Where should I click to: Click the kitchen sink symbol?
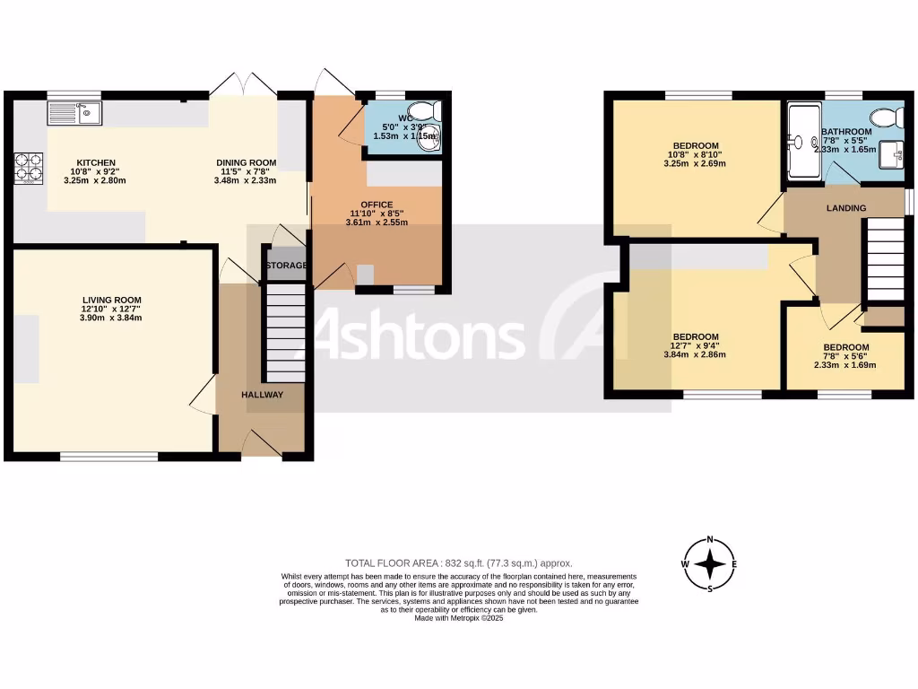point(76,112)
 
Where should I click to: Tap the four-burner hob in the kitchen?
point(29,167)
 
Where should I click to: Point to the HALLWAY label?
point(262,395)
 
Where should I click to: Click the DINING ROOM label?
point(246,163)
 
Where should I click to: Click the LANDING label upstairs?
point(846,208)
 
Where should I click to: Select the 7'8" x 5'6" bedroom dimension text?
point(845,356)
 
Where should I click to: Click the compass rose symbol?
point(711,564)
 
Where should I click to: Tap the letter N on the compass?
point(711,539)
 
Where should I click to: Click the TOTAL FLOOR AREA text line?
point(458,563)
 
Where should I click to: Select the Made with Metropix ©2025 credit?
point(459,618)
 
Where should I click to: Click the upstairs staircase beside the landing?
point(883,261)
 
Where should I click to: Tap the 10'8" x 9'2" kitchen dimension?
point(95,172)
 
